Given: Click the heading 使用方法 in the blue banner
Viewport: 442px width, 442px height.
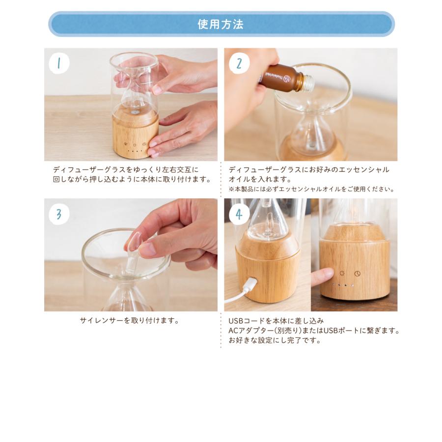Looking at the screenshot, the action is point(221,24).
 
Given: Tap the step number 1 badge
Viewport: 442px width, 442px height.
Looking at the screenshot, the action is point(59,63).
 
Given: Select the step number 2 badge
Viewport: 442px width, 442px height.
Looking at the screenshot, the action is point(239,63).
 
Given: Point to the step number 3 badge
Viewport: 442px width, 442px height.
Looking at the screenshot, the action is point(59,214).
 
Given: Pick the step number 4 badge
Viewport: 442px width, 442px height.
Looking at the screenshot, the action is point(239,214).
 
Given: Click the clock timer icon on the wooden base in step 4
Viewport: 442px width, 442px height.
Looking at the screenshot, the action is point(358,274).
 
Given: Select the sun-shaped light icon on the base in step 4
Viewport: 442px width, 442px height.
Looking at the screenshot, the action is point(342,273).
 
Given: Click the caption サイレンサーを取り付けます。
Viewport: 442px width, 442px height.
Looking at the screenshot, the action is point(130,321).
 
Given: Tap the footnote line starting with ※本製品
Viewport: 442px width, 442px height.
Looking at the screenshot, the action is point(312,189).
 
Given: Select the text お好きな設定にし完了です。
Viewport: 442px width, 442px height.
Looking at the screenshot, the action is point(275,340).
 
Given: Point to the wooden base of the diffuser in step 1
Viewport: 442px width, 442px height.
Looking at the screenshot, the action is point(136,133).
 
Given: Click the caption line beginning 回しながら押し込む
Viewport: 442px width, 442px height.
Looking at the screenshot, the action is point(132,179).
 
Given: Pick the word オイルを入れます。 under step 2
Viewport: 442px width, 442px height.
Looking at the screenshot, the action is point(260,179).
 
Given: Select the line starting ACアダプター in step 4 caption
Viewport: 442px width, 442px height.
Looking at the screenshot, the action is point(314,331).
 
